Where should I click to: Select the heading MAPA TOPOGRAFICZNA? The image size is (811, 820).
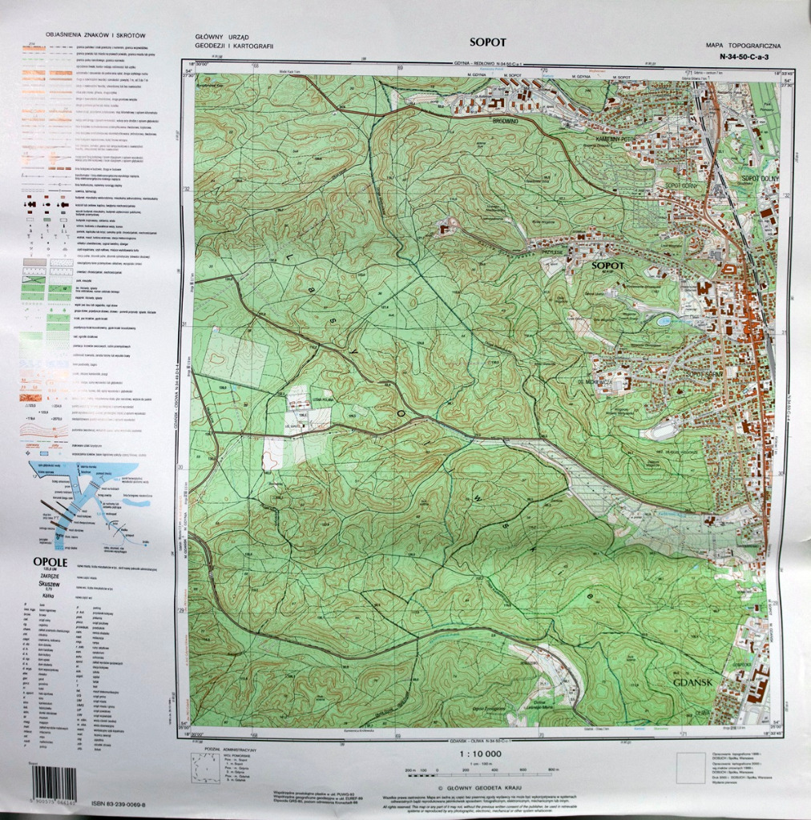tap(737, 47)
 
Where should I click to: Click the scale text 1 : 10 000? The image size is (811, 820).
tap(481, 754)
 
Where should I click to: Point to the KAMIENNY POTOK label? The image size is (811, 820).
tap(609, 139)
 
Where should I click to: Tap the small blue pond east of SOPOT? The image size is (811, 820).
tap(664, 321)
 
